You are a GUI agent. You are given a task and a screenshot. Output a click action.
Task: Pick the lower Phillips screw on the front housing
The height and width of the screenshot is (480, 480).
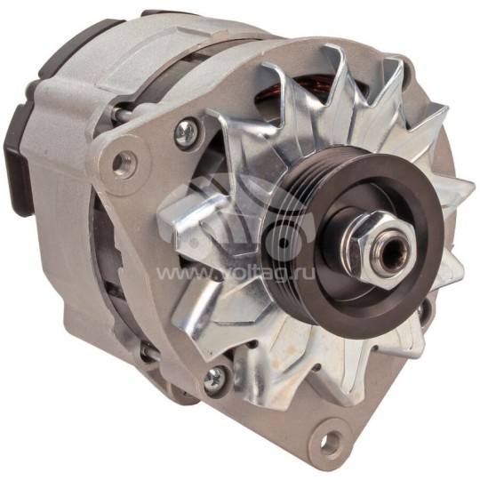[x=213, y=377]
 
